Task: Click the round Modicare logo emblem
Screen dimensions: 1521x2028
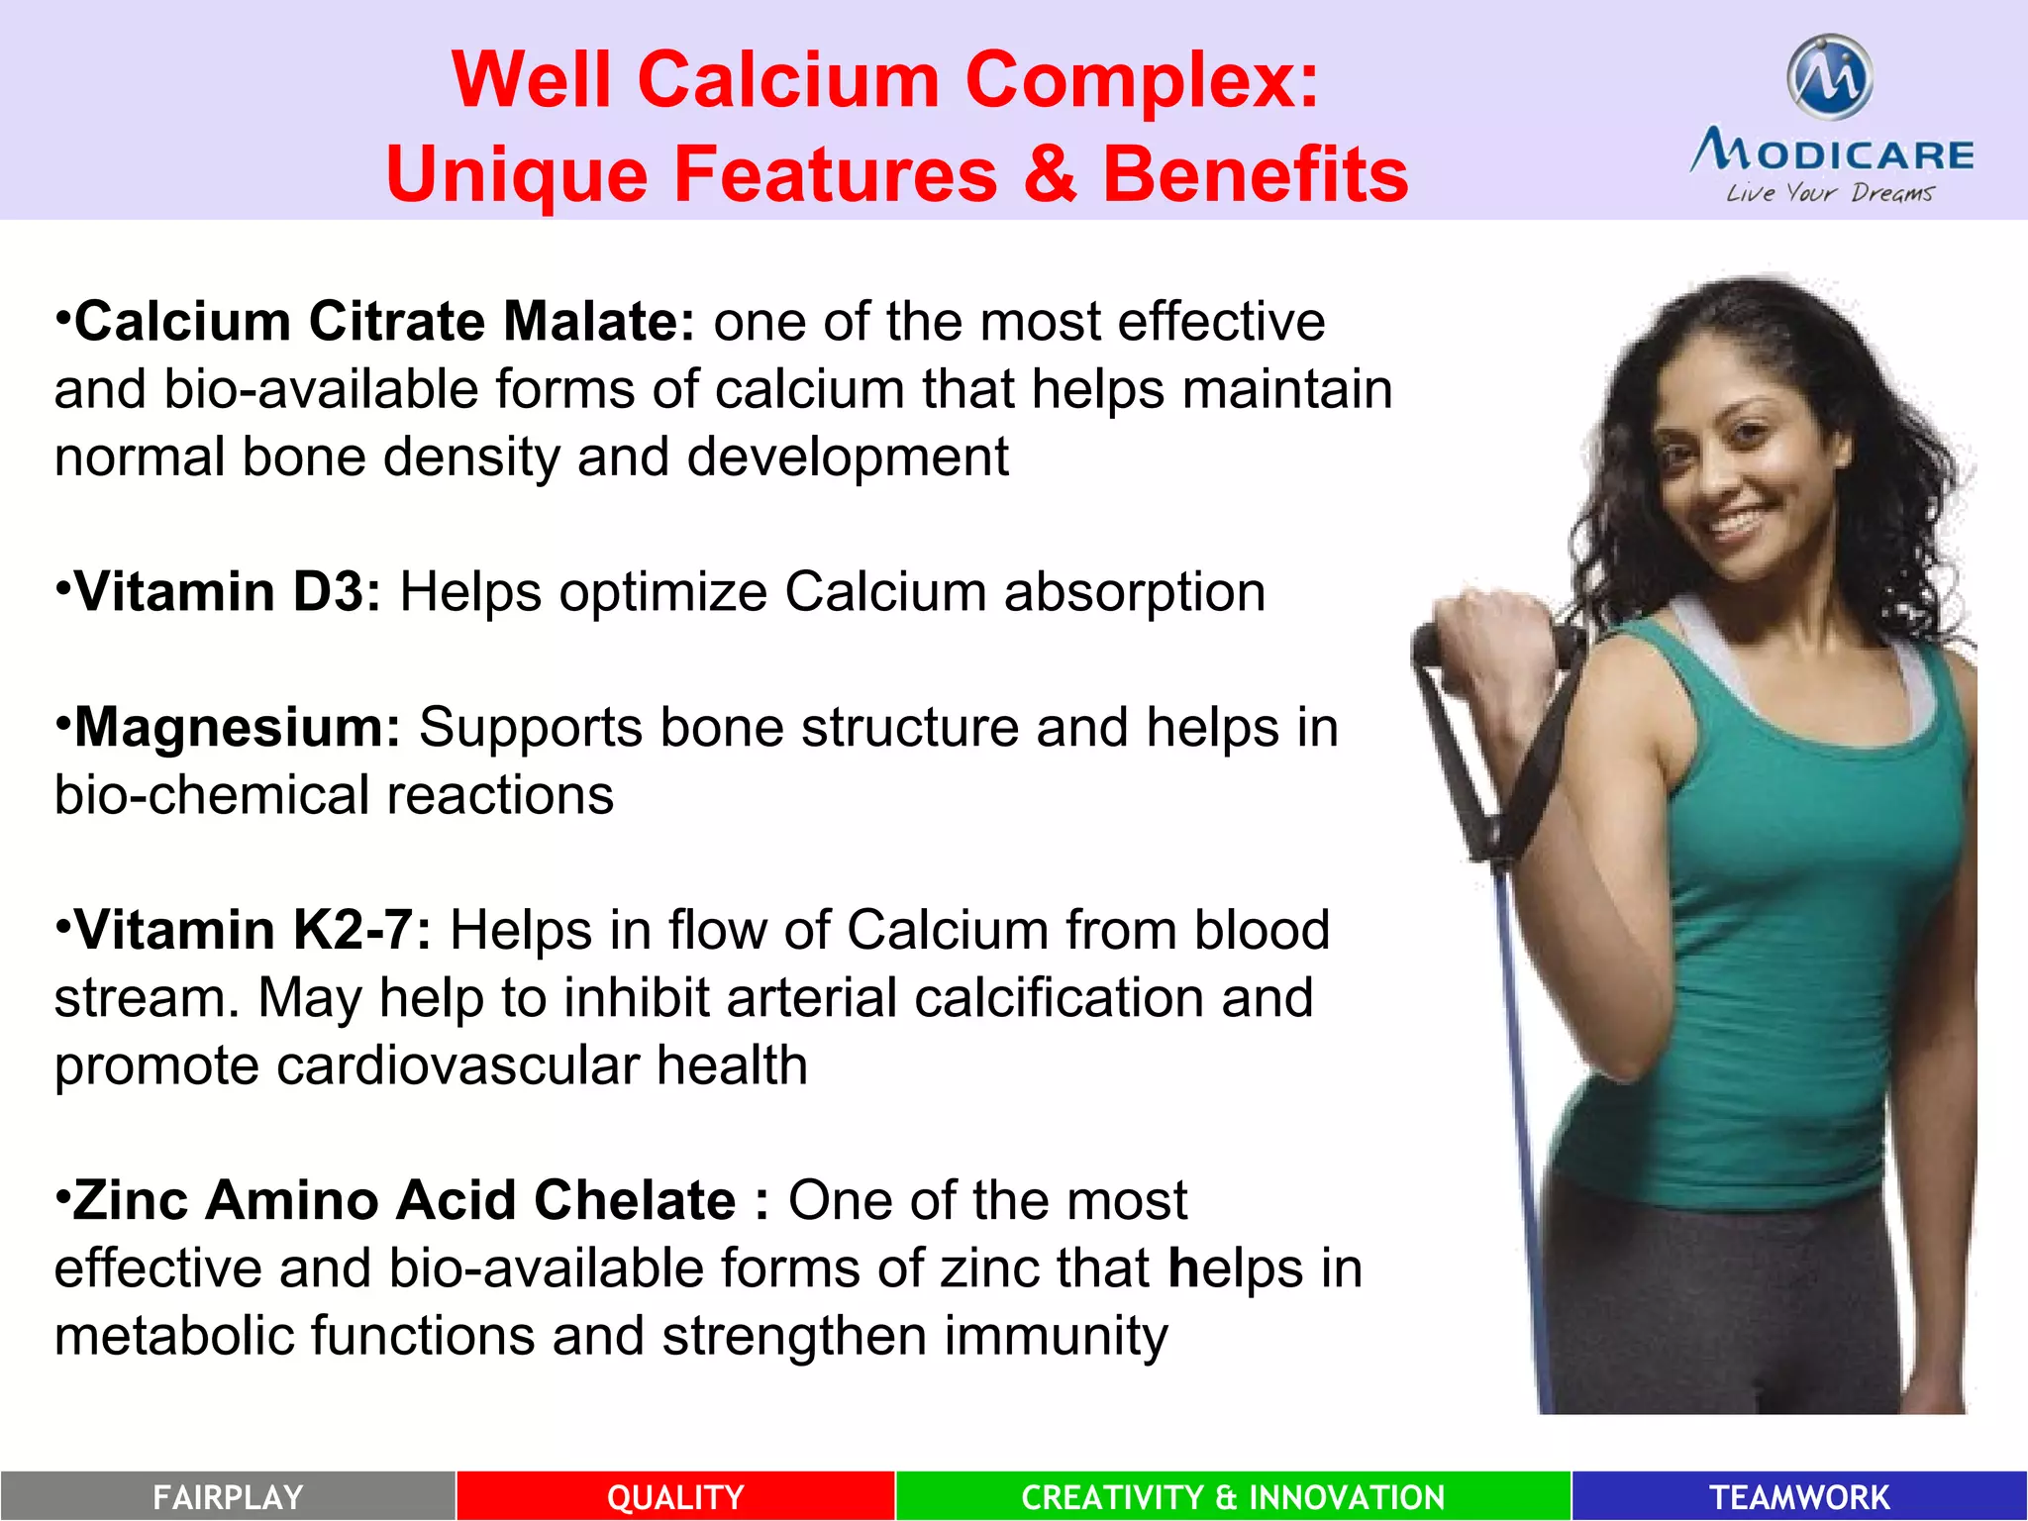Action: [1830, 76]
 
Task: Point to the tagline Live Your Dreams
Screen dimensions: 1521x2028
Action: [1830, 192]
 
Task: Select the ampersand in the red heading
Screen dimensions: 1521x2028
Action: [1050, 173]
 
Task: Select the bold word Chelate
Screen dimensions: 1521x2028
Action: [635, 1200]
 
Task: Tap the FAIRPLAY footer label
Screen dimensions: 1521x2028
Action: [228, 1496]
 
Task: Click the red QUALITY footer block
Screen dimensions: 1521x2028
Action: [675, 1496]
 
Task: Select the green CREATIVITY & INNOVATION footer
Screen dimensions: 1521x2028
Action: [1233, 1496]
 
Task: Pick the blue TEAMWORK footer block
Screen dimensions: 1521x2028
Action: [1799, 1496]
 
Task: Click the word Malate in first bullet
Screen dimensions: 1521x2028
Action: [599, 322]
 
